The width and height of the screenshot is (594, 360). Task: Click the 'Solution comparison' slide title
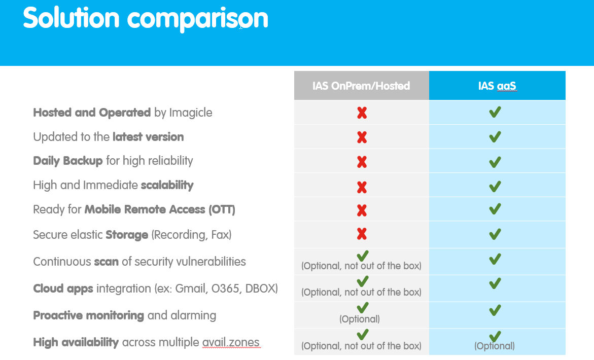coord(145,19)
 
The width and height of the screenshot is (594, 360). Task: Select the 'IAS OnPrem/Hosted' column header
coord(361,86)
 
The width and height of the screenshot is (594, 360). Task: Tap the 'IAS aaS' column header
coord(497,86)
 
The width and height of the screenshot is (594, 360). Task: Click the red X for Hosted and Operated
coord(362,113)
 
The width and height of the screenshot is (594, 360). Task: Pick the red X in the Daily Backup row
coord(362,162)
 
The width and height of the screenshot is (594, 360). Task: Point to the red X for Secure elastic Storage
coord(362,234)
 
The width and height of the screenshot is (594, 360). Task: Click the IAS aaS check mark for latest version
coord(495,137)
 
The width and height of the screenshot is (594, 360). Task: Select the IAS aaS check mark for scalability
coord(495,186)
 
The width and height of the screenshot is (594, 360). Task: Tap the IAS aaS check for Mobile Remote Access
coord(495,209)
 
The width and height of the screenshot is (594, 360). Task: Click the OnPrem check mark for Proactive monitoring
coord(362,307)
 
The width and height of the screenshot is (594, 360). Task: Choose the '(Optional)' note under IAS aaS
coord(495,346)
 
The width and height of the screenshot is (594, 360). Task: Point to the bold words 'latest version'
coord(148,137)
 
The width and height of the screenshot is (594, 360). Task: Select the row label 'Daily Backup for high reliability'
coord(113,161)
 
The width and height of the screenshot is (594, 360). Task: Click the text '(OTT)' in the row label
coord(222,209)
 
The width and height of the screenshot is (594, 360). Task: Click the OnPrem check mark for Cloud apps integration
coord(362,281)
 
